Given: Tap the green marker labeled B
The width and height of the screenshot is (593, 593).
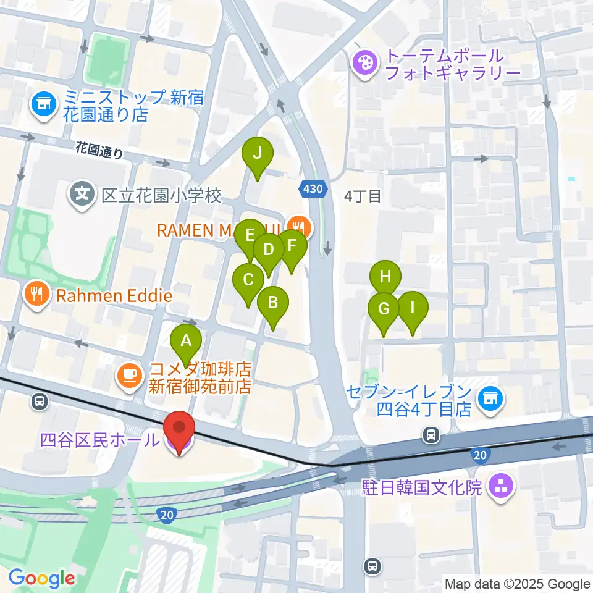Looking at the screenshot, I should [x=272, y=303].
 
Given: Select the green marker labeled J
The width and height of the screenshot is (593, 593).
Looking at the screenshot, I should [x=257, y=153].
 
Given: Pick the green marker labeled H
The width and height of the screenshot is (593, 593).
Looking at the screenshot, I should [x=385, y=277].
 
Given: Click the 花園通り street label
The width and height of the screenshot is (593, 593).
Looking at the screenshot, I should [x=99, y=151].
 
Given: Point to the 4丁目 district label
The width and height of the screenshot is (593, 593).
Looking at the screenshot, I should [x=363, y=196].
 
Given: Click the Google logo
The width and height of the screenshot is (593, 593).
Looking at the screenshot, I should [x=41, y=578].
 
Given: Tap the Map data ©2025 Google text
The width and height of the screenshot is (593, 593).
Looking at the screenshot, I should [x=518, y=584].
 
